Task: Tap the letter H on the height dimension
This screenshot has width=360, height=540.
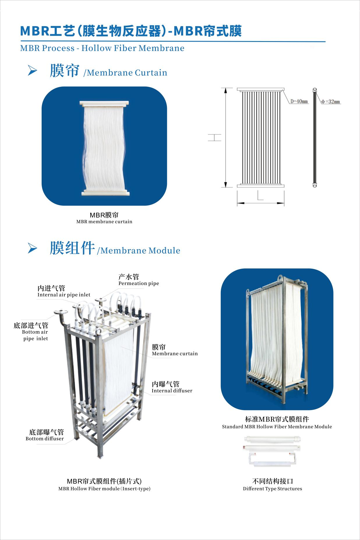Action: tap(215, 138)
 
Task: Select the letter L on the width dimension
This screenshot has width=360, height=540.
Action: tap(260, 196)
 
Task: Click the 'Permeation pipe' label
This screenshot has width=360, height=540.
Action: tap(139, 283)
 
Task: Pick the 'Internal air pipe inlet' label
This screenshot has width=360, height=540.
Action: tap(64, 295)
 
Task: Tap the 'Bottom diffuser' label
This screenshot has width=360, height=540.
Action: tap(45, 439)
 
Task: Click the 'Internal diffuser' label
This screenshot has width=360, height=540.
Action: tap(172, 391)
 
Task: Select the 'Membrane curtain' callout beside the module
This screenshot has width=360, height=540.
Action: tap(175, 353)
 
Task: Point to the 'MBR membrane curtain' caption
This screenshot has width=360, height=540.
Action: tap(104, 221)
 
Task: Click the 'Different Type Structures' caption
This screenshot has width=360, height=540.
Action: tap(272, 489)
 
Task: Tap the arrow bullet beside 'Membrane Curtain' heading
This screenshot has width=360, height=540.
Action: tap(32, 71)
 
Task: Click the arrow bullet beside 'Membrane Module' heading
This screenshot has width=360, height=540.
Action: tap(32, 249)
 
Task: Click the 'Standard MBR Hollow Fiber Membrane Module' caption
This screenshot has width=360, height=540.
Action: tap(277, 427)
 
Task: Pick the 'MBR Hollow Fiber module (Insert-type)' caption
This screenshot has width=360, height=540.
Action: tap(104, 489)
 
